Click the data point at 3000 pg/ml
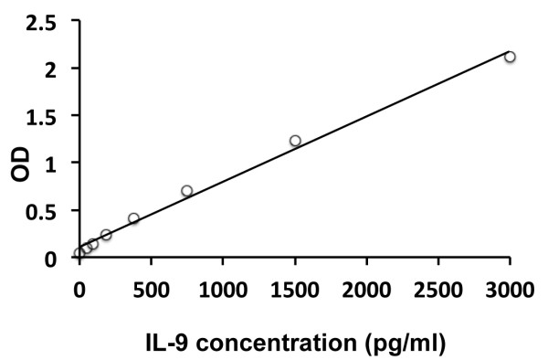(510, 57)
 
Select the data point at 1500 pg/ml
(295, 141)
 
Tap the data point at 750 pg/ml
(186, 191)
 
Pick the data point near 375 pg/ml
(133, 218)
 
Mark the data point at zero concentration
(79, 253)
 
